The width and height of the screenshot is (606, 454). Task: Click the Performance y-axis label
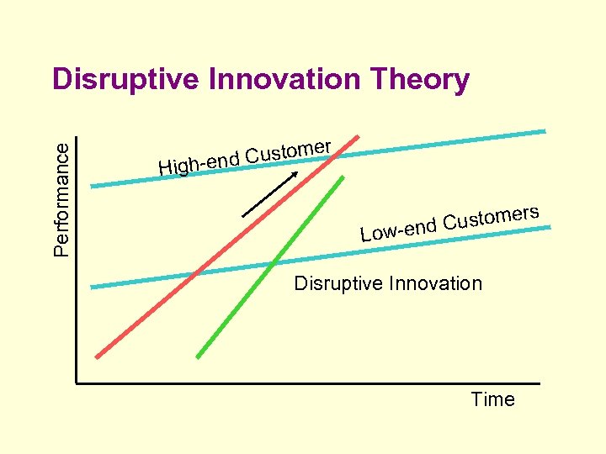[x=62, y=198]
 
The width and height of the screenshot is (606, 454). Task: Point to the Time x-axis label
[x=492, y=399]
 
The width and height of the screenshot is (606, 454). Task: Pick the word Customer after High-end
[x=289, y=150]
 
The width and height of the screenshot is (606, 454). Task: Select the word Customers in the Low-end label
[x=491, y=216]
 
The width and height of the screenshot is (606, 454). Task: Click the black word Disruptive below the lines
[x=336, y=283]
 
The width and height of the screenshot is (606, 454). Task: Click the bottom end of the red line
[x=98, y=356]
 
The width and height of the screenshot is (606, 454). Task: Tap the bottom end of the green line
[x=198, y=356]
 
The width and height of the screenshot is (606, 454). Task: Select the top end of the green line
[x=343, y=177]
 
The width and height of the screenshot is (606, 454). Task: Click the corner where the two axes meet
[x=76, y=383]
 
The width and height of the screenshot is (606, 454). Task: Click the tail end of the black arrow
[x=243, y=216]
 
